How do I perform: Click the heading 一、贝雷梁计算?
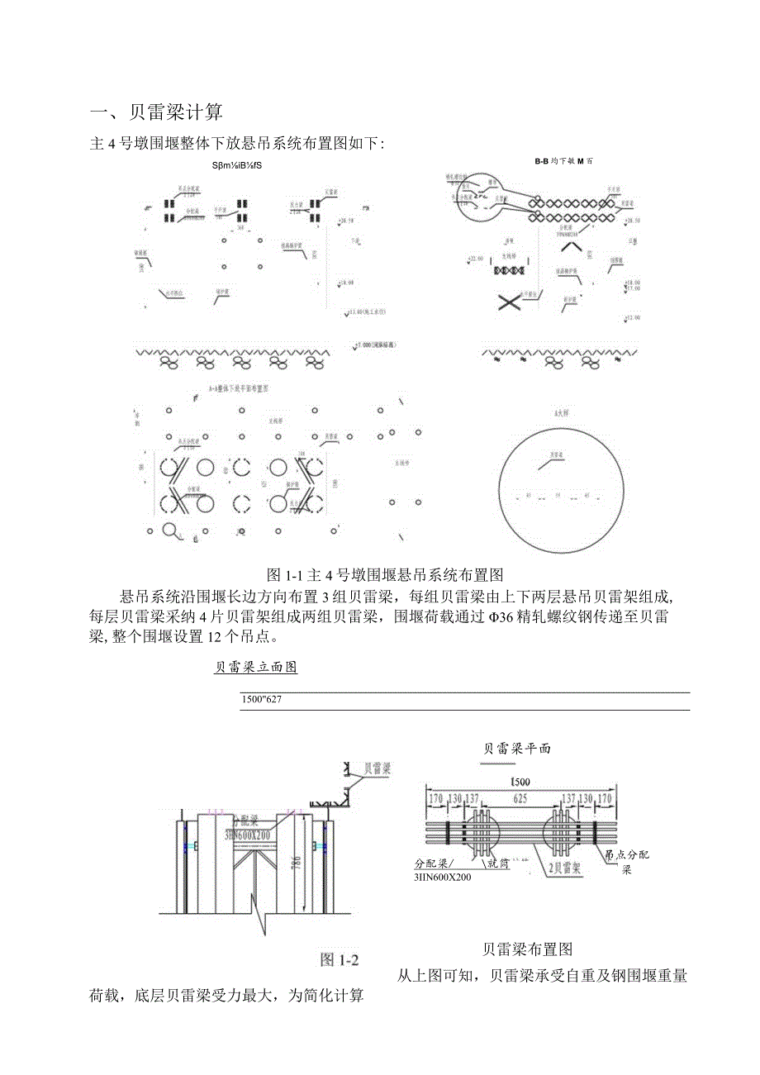pyautogui.click(x=156, y=112)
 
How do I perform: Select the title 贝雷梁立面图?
pyautogui.click(x=255, y=667)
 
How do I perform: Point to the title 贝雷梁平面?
pyautogui.click(x=517, y=749)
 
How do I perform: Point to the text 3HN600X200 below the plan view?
pyautogui.click(x=443, y=877)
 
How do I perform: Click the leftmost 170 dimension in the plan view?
pyautogui.click(x=435, y=800)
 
